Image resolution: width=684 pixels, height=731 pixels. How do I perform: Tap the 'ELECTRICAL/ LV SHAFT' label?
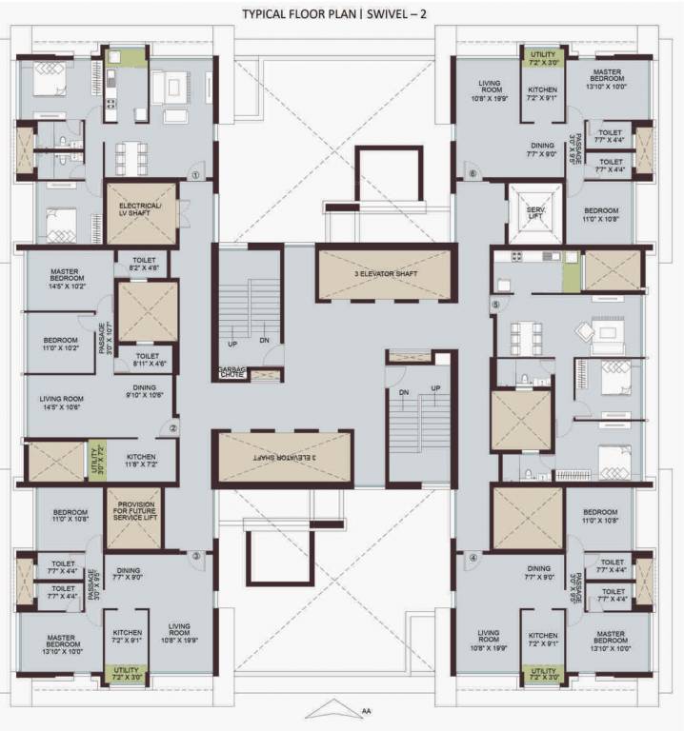pyautogui.click(x=140, y=211)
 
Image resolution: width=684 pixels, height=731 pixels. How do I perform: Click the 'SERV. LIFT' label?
pyautogui.click(x=535, y=211)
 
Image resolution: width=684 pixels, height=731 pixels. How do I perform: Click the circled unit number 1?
pyautogui.click(x=193, y=174)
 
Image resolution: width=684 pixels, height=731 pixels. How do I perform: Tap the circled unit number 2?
pyautogui.click(x=173, y=428)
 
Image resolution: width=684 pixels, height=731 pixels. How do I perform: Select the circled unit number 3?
pyautogui.click(x=195, y=556)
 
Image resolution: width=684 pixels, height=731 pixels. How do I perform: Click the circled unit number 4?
pyautogui.click(x=473, y=557)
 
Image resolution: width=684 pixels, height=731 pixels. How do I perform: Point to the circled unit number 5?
pyautogui.click(x=495, y=305)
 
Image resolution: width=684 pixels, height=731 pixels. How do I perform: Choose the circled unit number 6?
pyautogui.click(x=473, y=174)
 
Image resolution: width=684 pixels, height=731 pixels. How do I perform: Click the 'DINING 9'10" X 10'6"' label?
pyautogui.click(x=145, y=391)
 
